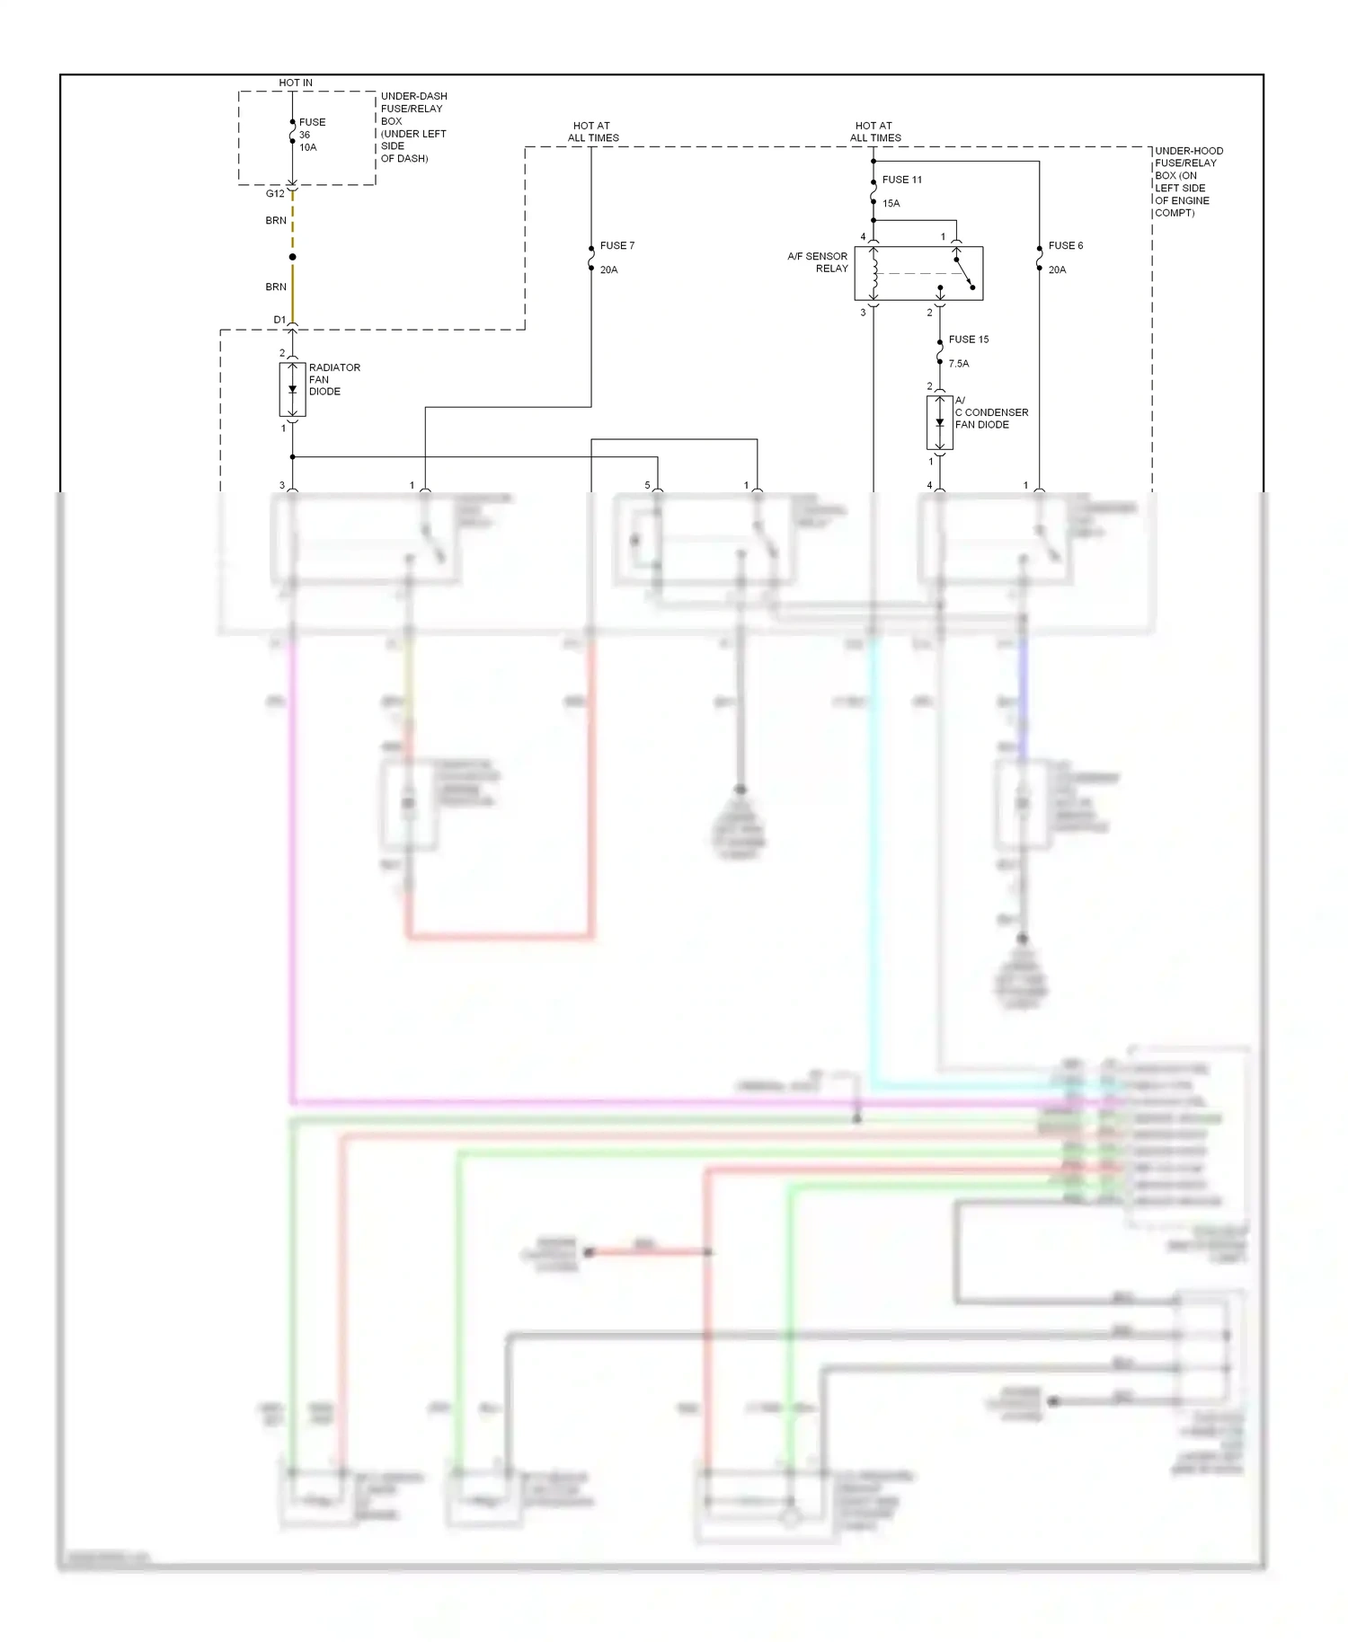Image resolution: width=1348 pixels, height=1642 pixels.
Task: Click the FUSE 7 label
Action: tap(616, 245)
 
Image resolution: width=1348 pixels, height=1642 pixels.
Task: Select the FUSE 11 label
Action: tap(901, 180)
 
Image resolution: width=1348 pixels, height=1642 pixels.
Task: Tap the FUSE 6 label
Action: tap(1065, 245)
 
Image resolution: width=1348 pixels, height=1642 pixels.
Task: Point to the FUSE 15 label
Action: tap(968, 340)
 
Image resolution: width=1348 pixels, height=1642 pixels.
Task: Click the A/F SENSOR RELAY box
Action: tap(918, 273)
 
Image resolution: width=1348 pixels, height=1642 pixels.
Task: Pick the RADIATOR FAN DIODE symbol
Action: tap(292, 390)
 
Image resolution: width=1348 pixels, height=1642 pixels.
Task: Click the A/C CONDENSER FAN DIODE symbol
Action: tap(939, 422)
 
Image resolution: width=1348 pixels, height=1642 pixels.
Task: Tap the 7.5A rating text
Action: tap(958, 364)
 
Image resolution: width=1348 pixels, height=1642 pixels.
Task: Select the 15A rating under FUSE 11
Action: tap(891, 203)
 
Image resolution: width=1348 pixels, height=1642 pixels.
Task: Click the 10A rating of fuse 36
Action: tap(307, 147)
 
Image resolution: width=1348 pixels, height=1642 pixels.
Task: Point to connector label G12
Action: tap(275, 193)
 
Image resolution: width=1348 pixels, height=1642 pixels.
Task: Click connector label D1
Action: tap(279, 320)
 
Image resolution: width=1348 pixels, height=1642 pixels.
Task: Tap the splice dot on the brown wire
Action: tap(292, 257)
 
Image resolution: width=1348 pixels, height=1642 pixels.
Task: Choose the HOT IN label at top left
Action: tap(296, 83)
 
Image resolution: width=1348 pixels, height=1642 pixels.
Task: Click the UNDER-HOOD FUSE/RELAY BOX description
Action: tap(1187, 181)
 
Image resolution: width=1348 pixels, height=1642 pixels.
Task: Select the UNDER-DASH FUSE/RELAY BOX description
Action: tap(412, 127)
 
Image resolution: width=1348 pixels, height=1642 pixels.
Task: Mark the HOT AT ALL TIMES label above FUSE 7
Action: tap(592, 132)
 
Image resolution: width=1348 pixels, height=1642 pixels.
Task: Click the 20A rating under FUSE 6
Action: tap(1057, 269)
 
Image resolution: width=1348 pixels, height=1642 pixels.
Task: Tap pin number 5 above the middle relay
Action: tap(647, 485)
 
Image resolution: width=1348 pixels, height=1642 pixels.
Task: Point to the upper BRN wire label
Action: tap(276, 220)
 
